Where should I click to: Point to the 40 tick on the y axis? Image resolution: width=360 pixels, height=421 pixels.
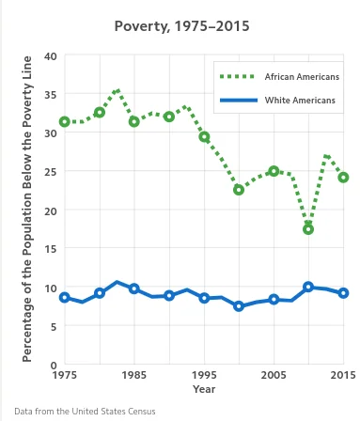pos(51,56)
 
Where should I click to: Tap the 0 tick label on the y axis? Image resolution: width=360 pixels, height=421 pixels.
pos(55,365)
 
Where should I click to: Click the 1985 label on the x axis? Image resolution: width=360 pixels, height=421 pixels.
pos(133,376)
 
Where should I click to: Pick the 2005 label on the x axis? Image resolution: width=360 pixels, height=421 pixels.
pos(274,376)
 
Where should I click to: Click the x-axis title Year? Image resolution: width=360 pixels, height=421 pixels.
pos(204,388)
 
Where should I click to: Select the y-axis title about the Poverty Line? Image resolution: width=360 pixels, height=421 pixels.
pos(28,210)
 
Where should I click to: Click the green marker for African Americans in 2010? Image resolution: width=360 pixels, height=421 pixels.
pos(308,229)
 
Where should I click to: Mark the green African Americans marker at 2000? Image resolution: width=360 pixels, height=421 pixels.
pos(239,190)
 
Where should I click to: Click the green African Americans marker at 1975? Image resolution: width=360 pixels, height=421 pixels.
pos(65,122)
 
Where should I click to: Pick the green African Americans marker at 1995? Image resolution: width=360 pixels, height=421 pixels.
pos(204,137)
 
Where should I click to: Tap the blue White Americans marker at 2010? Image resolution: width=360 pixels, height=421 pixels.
pos(308,287)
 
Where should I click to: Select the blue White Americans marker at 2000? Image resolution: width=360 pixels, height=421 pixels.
pos(239,306)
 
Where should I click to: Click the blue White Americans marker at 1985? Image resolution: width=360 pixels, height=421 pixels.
pos(134,288)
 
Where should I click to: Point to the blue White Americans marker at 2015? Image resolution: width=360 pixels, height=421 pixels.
pos(343,293)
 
